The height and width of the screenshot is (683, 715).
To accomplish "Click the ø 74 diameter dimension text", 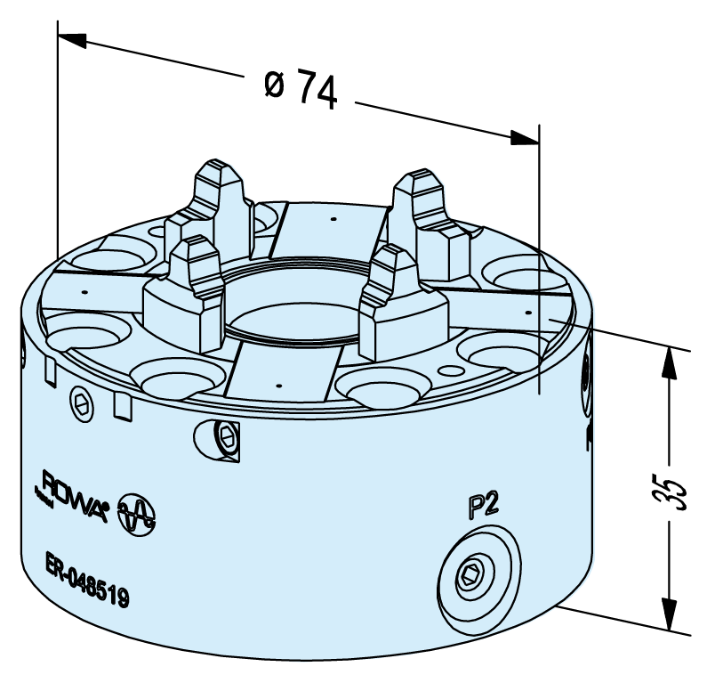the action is tap(301, 90).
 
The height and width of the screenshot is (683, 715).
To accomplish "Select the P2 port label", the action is tap(484, 506).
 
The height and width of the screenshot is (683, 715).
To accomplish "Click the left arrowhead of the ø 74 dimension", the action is tap(72, 40).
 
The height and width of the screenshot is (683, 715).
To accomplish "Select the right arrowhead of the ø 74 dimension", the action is tap(525, 138).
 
